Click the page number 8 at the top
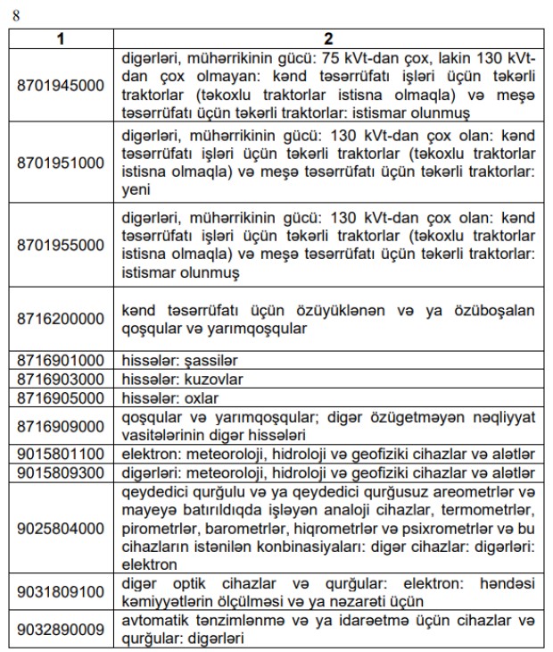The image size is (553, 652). pos(13,14)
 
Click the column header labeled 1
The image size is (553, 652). pos(62,38)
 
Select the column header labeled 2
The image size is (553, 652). pos(328,38)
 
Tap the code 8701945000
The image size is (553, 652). pos(62,86)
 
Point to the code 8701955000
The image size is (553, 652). pos(62,245)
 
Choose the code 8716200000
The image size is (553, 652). pos(62,318)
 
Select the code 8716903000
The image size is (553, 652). pos(62,379)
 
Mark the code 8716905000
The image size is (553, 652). pos(62,397)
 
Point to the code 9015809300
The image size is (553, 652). pos(62,472)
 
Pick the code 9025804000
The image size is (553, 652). pos(62,528)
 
